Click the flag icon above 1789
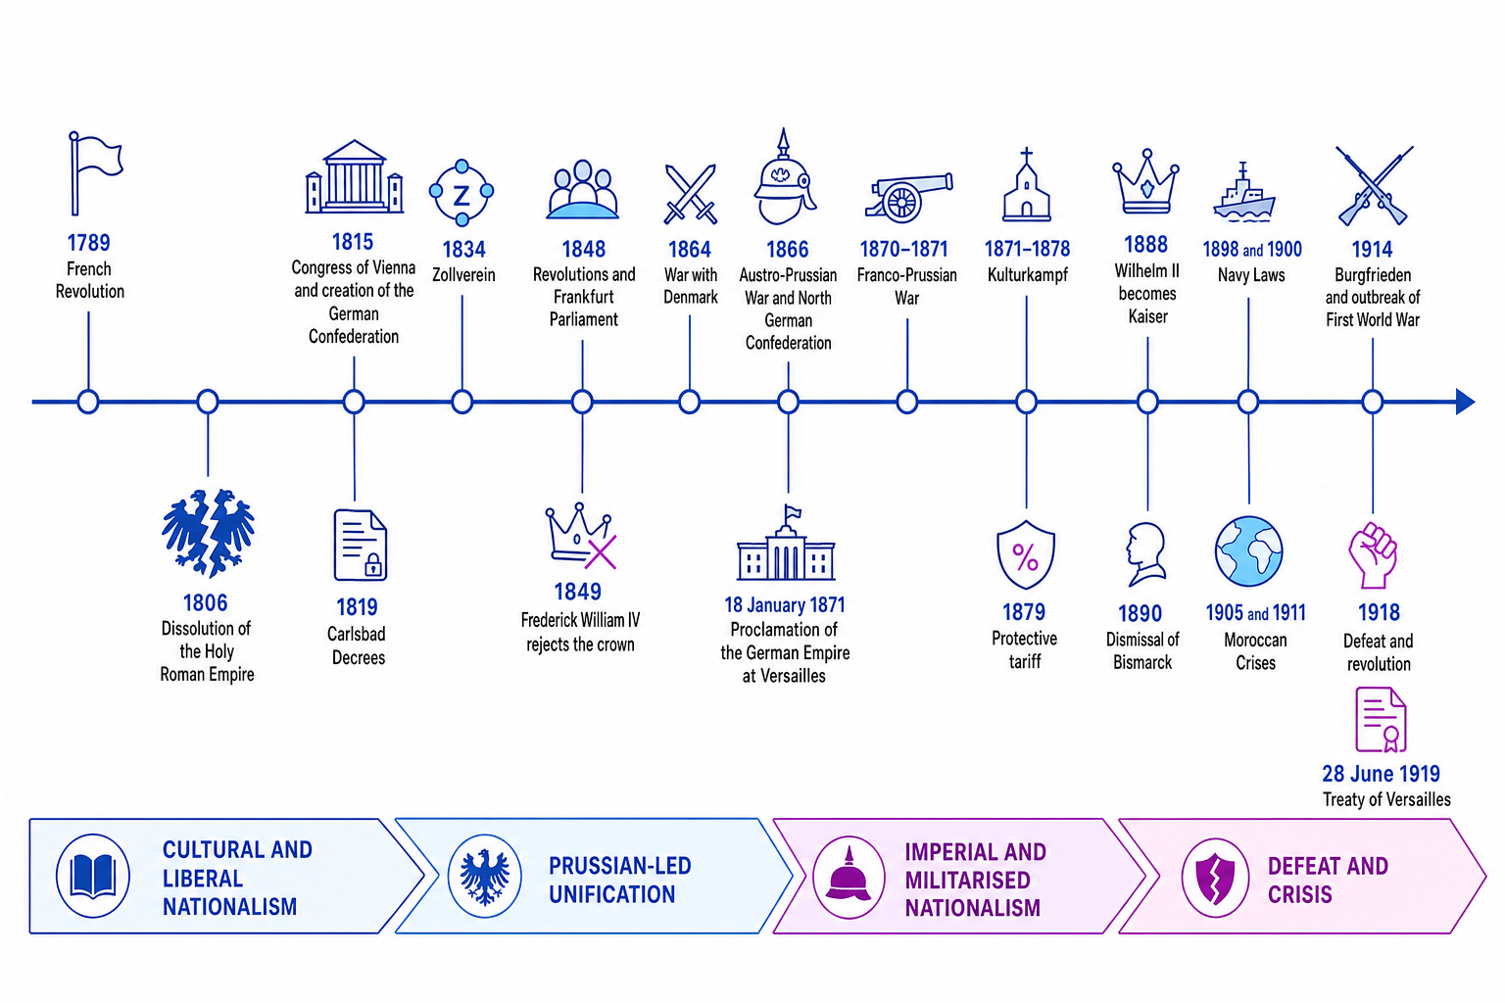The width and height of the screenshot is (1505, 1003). pyautogui.click(x=95, y=173)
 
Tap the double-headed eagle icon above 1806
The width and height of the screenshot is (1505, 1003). pyautogui.click(x=208, y=534)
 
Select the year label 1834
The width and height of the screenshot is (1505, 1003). pyautogui.click(x=463, y=250)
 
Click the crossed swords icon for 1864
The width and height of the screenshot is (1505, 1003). pyautogui.click(x=690, y=194)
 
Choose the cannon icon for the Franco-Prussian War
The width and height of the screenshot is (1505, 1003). pyautogui.click(x=907, y=198)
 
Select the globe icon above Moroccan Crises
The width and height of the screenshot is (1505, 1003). pyautogui.click(x=1249, y=551)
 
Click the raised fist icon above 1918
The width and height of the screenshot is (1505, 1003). pyautogui.click(x=1374, y=555)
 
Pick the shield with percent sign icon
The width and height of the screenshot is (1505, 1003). pyautogui.click(x=1025, y=555)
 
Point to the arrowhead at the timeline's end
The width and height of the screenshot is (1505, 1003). pyautogui.click(x=1466, y=402)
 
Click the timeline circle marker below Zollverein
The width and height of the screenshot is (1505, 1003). pyautogui.click(x=462, y=402)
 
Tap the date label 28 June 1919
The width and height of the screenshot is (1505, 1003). pyautogui.click(x=1381, y=774)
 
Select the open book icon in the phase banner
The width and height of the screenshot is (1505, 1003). pyautogui.click(x=93, y=876)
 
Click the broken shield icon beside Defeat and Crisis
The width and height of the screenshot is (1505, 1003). pyautogui.click(x=1215, y=878)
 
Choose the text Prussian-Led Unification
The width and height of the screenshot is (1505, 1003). pyautogui.click(x=619, y=880)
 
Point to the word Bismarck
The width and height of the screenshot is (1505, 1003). pyautogui.click(x=1142, y=662)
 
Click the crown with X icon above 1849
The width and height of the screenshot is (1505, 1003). pyautogui.click(x=580, y=536)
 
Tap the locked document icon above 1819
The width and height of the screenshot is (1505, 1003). pyautogui.click(x=361, y=545)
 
